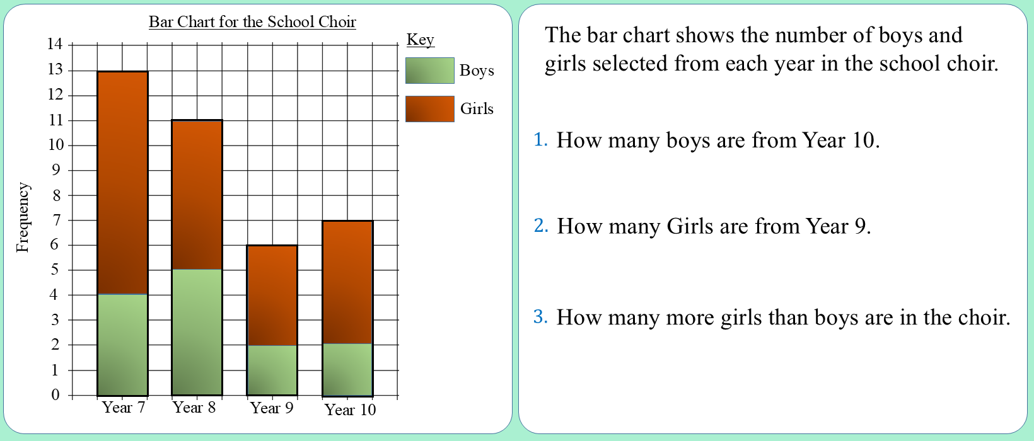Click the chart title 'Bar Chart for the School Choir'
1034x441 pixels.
click(252, 21)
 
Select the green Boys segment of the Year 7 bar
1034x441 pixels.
click(122, 345)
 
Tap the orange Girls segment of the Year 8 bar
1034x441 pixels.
click(197, 195)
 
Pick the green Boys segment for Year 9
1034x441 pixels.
click(272, 370)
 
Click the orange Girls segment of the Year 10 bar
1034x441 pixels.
click(347, 282)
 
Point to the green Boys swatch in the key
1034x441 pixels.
click(430, 71)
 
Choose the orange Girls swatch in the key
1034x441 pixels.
click(430, 109)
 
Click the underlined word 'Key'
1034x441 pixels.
click(420, 40)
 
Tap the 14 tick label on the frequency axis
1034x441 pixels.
click(54, 44)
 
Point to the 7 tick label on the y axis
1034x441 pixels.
click(56, 220)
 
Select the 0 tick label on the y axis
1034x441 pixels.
click(55, 394)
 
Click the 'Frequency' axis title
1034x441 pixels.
click(23, 217)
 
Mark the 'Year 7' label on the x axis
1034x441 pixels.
click(123, 408)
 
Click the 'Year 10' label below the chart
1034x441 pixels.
click(350, 409)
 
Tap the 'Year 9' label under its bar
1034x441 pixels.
click(271, 408)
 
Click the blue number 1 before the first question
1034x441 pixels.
click(540, 139)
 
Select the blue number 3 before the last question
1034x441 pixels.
click(540, 316)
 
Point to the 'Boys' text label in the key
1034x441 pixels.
click(477, 71)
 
